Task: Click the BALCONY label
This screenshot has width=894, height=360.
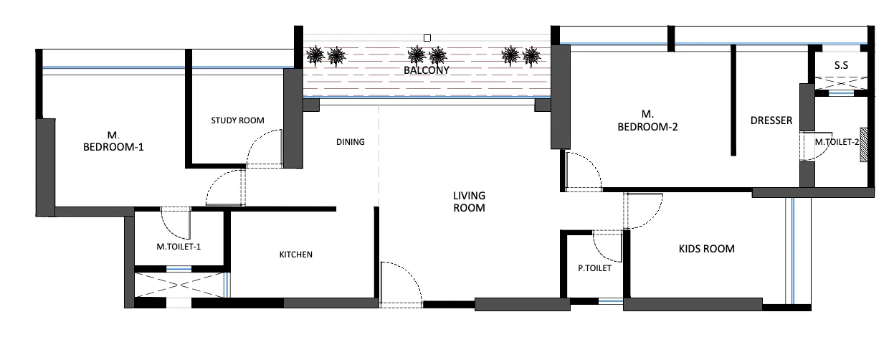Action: tap(426, 70)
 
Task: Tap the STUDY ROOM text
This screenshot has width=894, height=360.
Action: tap(238, 120)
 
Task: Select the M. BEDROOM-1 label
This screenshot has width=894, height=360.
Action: tap(114, 141)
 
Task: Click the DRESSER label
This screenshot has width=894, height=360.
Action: tap(771, 120)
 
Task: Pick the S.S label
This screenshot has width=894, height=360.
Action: tap(841, 65)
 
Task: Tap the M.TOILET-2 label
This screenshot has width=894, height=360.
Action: tap(837, 142)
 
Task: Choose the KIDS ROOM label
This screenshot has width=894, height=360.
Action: tap(706, 249)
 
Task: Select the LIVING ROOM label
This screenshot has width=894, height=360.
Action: tap(469, 202)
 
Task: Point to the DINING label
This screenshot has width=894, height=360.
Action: tap(351, 142)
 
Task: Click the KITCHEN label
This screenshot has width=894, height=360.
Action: tap(296, 255)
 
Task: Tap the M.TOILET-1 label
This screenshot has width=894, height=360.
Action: tap(179, 247)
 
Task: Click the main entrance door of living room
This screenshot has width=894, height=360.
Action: tap(401, 284)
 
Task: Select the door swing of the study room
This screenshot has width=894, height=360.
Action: tap(263, 149)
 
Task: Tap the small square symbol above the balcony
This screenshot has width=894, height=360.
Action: tap(427, 37)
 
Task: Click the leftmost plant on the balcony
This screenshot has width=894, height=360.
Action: tap(314, 55)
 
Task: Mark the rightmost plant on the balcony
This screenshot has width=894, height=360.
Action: tap(531, 55)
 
